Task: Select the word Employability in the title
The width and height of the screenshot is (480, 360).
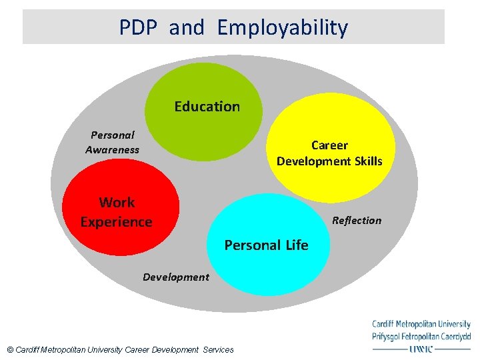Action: [283, 28]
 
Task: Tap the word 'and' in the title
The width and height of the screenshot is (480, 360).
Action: [187, 28]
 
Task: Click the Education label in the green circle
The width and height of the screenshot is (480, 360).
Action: [207, 107]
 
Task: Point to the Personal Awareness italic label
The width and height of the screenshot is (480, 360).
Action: [112, 142]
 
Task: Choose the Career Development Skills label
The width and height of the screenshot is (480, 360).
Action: [329, 153]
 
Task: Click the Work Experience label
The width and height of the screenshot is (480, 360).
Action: [117, 212]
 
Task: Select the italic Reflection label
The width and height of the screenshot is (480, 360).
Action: [357, 221]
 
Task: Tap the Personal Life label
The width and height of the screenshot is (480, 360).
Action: [266, 245]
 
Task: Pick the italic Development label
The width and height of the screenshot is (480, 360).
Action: [175, 277]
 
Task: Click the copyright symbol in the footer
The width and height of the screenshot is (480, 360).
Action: [9, 349]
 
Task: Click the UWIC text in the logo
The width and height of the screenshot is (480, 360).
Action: [421, 348]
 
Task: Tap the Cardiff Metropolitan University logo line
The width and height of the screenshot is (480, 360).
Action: [421, 325]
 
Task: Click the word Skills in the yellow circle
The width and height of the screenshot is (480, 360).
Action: [369, 161]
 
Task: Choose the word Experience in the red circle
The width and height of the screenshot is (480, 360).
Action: [117, 222]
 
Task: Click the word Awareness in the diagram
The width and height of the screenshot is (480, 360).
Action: [112, 150]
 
